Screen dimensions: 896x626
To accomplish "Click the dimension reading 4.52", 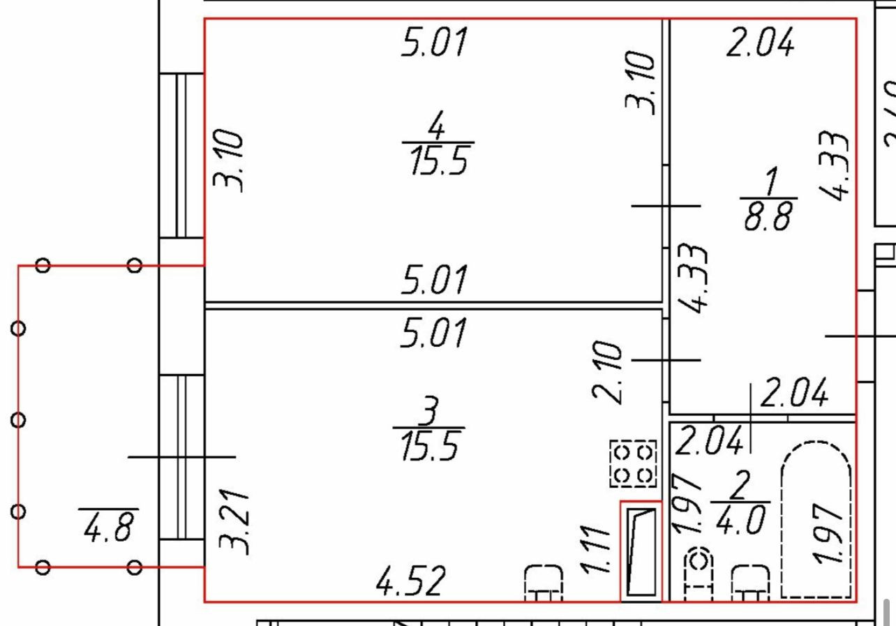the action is click(x=410, y=581).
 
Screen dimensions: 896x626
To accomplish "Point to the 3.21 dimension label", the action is click(x=234, y=522).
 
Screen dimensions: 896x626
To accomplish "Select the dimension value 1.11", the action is click(x=595, y=549).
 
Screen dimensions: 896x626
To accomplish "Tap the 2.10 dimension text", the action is click(x=607, y=373).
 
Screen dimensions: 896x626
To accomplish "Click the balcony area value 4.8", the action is click(x=107, y=527).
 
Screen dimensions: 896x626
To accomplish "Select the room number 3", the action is click(x=428, y=411).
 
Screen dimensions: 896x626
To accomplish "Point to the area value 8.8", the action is click(x=768, y=216).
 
